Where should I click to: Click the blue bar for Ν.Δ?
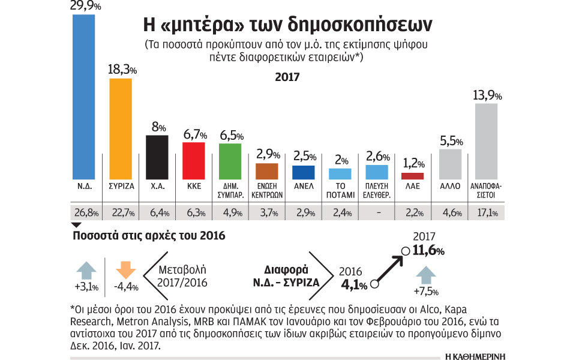click(x=83, y=96)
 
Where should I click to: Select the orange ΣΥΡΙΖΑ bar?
click(x=120, y=128)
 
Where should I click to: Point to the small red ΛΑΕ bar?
click(x=413, y=176)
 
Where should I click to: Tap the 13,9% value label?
click(x=488, y=95)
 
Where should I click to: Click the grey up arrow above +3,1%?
click(x=86, y=268)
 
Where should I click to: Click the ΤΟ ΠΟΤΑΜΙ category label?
click(x=340, y=190)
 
